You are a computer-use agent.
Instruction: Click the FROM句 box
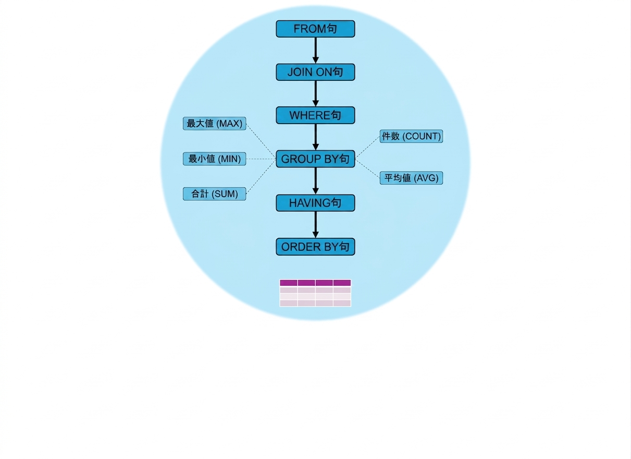315,29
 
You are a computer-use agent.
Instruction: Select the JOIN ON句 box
315,72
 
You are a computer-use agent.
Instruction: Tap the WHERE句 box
315,115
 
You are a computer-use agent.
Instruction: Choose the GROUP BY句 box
315,159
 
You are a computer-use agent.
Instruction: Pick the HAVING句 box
315,203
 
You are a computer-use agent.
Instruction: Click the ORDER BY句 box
315,247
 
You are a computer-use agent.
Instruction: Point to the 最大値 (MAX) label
214,124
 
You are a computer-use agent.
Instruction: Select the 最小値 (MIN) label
214,159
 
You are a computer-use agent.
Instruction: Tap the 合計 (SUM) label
214,194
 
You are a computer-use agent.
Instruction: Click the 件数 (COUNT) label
411,136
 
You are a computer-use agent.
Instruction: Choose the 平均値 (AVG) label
411,178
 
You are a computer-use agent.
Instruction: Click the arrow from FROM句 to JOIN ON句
316,51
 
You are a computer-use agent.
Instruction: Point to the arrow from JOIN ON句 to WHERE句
316,93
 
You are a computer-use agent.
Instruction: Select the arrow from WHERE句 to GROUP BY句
316,137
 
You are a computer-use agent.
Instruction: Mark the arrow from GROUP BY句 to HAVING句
316,181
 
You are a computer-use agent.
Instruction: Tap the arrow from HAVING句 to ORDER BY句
316,225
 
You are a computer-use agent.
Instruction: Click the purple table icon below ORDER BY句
315,293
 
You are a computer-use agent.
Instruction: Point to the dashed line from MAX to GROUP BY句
261,141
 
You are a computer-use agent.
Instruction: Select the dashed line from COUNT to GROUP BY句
367,148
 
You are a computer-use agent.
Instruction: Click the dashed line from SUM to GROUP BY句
261,177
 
